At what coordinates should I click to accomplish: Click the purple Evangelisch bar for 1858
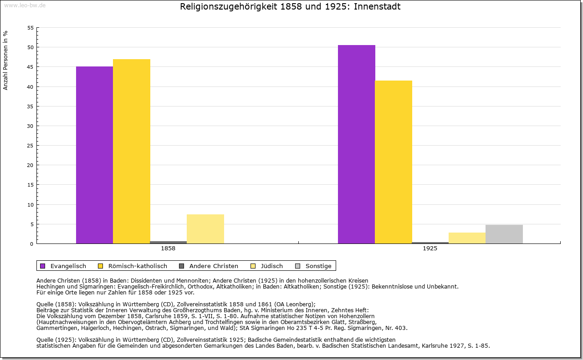tap(94, 155)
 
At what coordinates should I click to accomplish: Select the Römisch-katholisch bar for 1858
tap(132, 151)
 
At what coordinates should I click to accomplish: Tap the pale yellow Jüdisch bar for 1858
tap(205, 229)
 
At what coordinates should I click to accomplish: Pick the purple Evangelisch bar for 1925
tap(357, 144)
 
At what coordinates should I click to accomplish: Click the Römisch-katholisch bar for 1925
tap(394, 162)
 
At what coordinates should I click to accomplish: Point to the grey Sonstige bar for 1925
tap(504, 234)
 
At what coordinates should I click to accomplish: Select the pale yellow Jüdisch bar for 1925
tap(467, 238)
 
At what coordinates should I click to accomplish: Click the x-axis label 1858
tap(168, 249)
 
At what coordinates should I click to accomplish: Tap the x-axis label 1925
tap(430, 249)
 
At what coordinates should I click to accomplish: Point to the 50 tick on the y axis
tap(30, 47)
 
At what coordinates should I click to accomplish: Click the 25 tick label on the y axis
tap(30, 146)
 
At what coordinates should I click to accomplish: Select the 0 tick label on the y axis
tap(32, 244)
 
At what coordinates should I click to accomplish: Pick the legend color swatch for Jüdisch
tap(253, 266)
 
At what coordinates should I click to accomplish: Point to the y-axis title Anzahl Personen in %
tap(5, 60)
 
